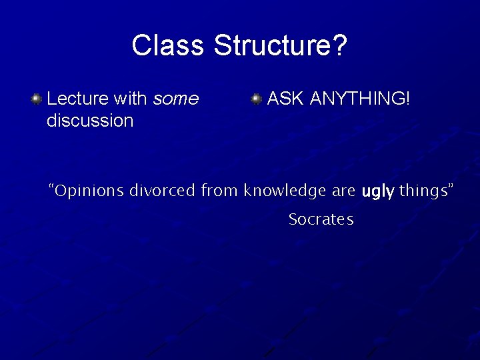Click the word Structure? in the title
tap(280, 46)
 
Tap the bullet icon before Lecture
tap(37, 99)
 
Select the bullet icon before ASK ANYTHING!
tap(256, 99)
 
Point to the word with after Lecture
tap(131, 99)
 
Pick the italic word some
tap(176, 99)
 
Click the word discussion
tap(90, 121)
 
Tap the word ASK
tap(286, 99)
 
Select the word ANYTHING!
tap(361, 99)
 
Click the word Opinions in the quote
tap(90, 191)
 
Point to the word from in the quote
tap(219, 191)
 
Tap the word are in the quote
tap(343, 191)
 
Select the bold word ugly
tap(378, 192)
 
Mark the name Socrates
tap(321, 219)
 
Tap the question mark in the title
tap(339, 46)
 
